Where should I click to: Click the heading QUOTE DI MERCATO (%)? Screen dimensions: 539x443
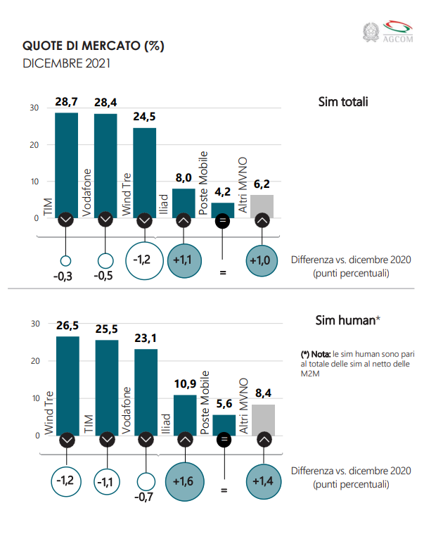coord(93,46)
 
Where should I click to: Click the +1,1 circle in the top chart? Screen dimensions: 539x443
coord(184,260)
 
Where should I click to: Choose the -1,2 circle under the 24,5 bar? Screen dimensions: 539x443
coord(143,260)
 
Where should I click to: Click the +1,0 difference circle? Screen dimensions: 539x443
coord(262,260)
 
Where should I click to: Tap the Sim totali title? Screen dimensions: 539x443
coord(343,103)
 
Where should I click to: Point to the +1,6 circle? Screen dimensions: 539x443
coord(184,482)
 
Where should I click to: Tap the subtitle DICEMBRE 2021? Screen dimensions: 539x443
coord(66,63)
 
